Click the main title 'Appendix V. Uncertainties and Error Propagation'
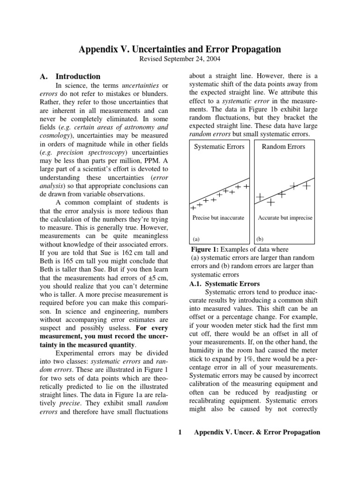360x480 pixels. click(x=180, y=49)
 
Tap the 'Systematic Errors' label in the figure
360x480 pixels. click(x=219, y=147)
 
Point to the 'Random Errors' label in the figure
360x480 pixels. click(x=283, y=147)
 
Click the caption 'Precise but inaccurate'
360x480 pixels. click(x=218, y=218)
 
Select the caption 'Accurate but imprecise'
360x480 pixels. click(x=285, y=218)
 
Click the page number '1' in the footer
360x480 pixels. click(x=180, y=432)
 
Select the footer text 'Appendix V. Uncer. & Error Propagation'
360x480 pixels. click(x=257, y=432)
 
